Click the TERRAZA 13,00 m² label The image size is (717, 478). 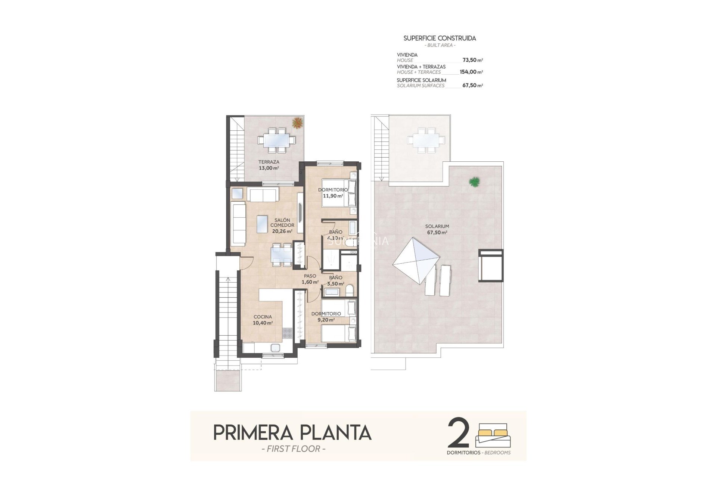click(269, 165)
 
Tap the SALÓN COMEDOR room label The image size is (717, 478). click(282, 226)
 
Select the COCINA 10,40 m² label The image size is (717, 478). click(263, 320)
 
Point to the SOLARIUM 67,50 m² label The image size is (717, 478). click(437, 229)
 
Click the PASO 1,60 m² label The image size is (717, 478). click(310, 279)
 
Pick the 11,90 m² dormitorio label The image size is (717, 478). click(333, 193)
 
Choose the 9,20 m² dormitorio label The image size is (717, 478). click(326, 317)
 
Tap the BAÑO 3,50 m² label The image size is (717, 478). click(335, 280)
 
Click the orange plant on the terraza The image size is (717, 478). click(298, 122)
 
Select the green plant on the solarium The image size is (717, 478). click(474, 182)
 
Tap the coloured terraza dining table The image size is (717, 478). click(277, 140)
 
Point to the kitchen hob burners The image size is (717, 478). click(287, 333)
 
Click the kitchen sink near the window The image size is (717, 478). click(276, 348)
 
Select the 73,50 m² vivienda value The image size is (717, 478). click(472, 60)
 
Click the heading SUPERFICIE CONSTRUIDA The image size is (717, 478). click(440, 38)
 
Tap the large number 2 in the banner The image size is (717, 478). click(459, 433)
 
